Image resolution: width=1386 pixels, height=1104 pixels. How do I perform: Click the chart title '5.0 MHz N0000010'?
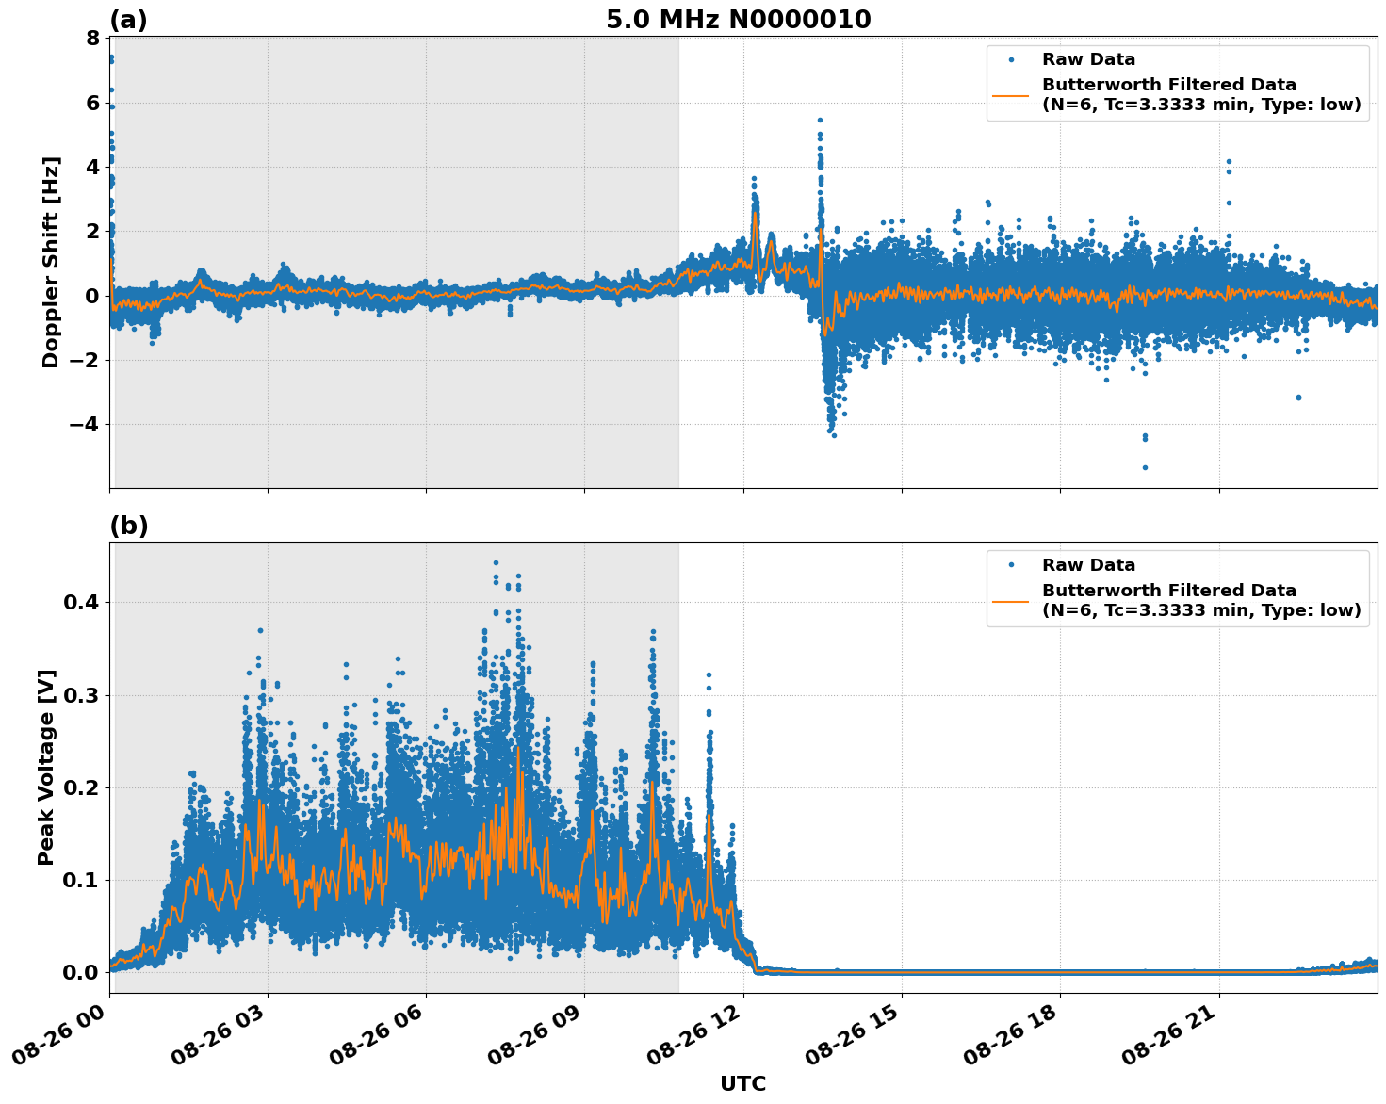tap(738, 20)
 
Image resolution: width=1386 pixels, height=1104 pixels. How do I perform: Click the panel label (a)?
tap(128, 20)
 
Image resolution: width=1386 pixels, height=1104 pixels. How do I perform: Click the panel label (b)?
tap(128, 526)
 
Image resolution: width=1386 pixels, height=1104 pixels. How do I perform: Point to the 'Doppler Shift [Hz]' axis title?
tap(51, 262)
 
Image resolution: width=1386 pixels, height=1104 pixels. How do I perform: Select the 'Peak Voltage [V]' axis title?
tap(46, 768)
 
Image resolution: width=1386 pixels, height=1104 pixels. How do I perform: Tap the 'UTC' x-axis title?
tap(742, 1083)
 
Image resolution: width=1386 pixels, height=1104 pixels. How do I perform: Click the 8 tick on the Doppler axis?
tap(92, 39)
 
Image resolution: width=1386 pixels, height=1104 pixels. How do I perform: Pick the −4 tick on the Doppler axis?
tap(85, 425)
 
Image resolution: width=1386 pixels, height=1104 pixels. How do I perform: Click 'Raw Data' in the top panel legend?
tap(1088, 59)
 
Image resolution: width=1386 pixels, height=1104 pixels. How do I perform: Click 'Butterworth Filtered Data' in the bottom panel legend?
tap(1168, 591)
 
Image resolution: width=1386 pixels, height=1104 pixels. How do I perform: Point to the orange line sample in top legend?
tap(1011, 94)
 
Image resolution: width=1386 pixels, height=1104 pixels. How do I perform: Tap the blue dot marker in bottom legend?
tap(1011, 565)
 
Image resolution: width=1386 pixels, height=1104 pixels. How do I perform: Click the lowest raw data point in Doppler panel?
tap(1145, 467)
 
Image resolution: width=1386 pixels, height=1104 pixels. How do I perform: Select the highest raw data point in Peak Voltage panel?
tap(496, 562)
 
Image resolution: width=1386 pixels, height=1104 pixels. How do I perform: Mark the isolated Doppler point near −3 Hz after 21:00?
tap(1298, 398)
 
